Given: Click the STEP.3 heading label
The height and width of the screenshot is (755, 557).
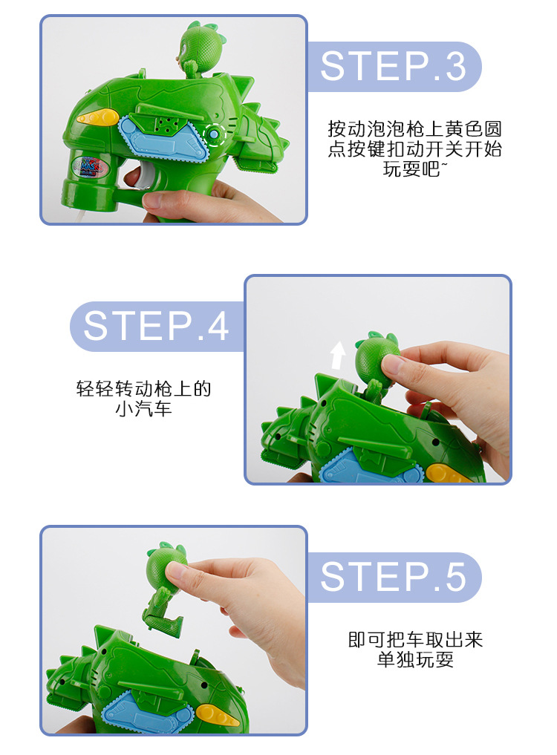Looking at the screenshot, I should tap(393, 66).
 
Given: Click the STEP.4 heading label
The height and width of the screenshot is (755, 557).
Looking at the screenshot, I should tap(156, 326).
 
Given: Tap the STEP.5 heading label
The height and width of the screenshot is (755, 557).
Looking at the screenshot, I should tap(393, 577).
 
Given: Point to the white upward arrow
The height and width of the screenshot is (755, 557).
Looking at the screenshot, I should tap(338, 355).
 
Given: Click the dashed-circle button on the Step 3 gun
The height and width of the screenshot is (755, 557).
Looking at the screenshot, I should tap(214, 134).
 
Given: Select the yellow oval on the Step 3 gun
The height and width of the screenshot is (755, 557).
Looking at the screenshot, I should tap(97, 117).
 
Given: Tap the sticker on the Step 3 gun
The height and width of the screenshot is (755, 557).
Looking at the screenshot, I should tap(88, 164).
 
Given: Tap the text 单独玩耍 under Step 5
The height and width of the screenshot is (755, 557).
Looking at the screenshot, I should tap(415, 659).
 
